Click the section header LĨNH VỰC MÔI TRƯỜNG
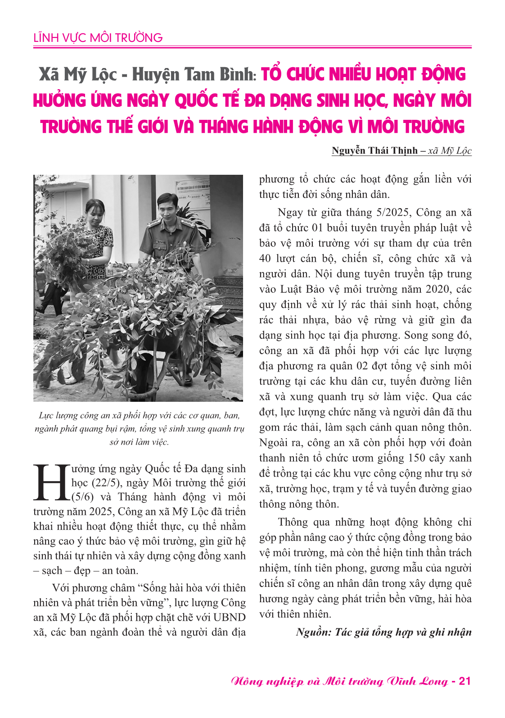(98, 37)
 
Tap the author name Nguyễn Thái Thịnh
(374, 150)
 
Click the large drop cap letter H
(50, 482)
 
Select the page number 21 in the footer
(464, 681)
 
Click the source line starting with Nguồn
(383, 632)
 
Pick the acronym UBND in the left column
(230, 617)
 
